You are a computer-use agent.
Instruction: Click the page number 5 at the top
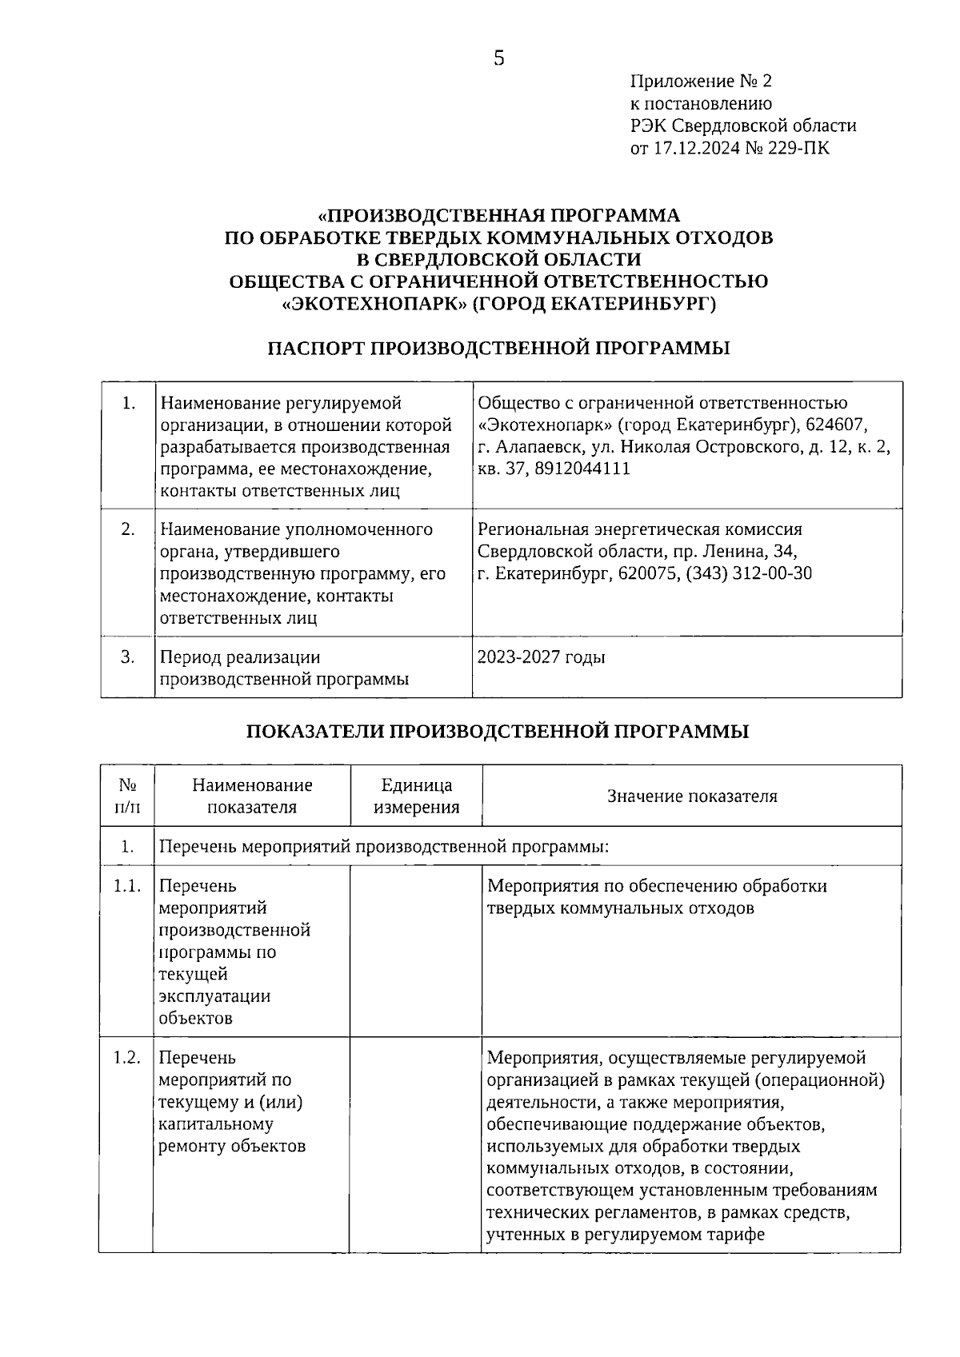498,58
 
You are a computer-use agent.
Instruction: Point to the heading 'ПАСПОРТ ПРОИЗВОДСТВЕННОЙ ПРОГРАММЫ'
498,348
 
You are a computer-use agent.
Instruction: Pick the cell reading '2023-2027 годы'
541,658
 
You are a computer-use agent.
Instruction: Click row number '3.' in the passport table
127,657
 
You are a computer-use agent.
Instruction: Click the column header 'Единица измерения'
416,796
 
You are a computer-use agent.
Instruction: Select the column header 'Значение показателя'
692,796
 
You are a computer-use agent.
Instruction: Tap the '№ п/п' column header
127,796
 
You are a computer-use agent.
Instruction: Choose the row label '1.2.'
127,1058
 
